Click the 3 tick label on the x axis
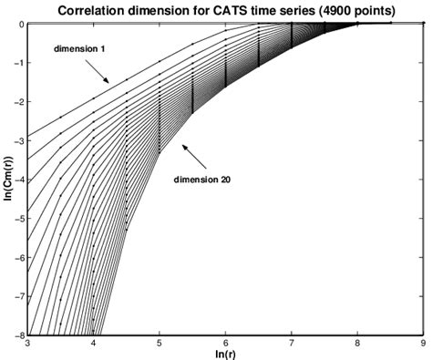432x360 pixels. click(29, 344)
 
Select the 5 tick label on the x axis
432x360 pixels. click(160, 344)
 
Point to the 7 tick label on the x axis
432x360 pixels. click(292, 344)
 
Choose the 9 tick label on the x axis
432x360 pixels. click(422, 344)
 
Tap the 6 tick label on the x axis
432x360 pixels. click(226, 344)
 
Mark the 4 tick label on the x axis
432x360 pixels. click(95, 344)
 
